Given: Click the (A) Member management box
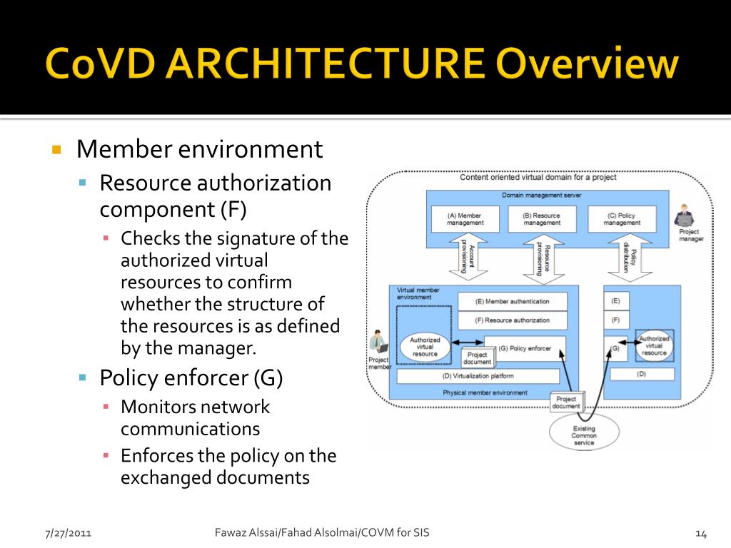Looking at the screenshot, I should point(464,219).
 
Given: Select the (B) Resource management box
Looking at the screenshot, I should point(542,219).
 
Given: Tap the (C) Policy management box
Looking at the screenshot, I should point(622,219).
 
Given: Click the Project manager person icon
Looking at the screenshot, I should point(684,216).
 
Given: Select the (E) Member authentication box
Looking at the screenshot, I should point(513,302).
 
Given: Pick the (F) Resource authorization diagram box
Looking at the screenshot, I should point(513,320).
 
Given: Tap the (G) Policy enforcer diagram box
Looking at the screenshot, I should point(524,348).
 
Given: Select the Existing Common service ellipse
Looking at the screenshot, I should point(583,432).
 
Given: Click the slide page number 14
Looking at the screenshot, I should point(700,534).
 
